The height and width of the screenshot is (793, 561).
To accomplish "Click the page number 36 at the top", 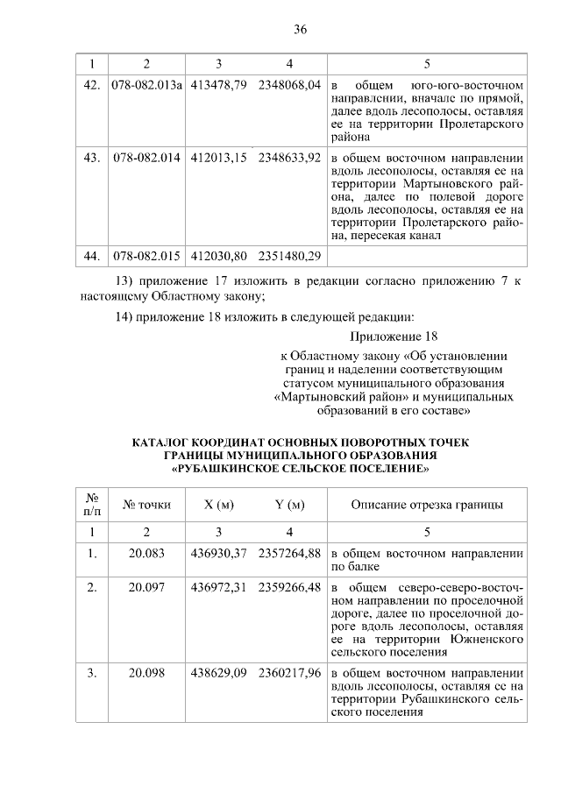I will pos(299,29).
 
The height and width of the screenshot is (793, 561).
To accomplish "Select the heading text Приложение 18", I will pos(393,336).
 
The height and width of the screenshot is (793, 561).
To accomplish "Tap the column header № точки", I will pos(146,505).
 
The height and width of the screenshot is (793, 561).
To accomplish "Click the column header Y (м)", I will pos(289,505).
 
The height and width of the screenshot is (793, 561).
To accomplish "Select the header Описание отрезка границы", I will pos(427,505).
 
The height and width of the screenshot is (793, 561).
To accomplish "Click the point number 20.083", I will pos(146,553).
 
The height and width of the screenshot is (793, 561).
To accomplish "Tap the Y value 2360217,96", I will pos(289,673).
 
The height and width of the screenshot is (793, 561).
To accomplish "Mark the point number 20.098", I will pos(146,673).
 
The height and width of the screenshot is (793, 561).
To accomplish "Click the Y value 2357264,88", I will pos(289,553).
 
